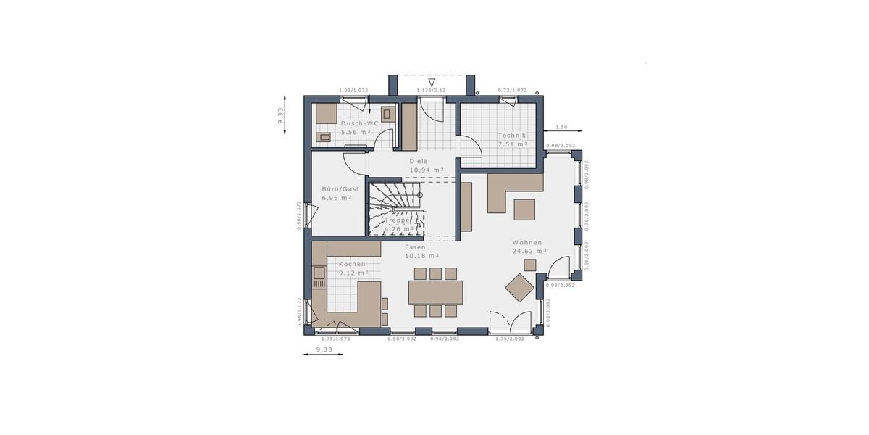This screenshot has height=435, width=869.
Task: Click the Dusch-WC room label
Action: click(359, 123)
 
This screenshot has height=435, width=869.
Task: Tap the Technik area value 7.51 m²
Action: click(512, 144)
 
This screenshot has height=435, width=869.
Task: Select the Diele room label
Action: click(419, 161)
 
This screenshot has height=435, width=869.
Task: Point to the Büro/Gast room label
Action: click(340, 188)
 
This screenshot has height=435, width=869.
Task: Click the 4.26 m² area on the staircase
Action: click(399, 229)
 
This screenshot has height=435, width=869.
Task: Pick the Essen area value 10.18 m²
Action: click(422, 256)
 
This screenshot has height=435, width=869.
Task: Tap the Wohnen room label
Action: click(527, 242)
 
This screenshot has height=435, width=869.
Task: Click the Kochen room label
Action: click(353, 264)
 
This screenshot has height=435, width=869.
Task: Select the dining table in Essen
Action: click(435, 292)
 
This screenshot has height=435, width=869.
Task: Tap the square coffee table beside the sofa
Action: click(524, 210)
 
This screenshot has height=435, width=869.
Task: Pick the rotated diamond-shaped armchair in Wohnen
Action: click(520, 288)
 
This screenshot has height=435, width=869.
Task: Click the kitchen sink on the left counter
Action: click(319, 274)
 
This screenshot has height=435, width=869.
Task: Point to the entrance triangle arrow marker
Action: click(431, 82)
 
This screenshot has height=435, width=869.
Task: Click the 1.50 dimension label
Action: click(561, 127)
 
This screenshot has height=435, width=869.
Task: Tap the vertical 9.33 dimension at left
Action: click(280, 116)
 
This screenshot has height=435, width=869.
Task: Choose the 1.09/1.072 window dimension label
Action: click(353, 91)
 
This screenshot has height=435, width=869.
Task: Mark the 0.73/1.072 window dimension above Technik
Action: click(512, 91)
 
